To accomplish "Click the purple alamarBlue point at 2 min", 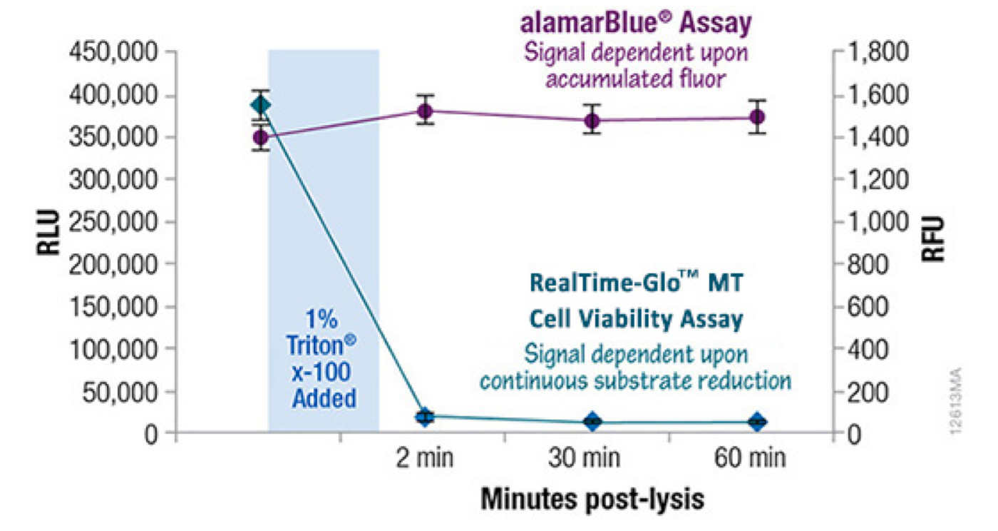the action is click(x=426, y=111).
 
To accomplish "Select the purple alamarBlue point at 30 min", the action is click(x=592, y=121).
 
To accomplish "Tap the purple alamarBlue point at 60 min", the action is click(x=757, y=117).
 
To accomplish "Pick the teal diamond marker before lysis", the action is click(x=261, y=106).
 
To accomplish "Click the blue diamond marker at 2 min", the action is click(x=425, y=418).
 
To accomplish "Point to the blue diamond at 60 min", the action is click(x=757, y=422).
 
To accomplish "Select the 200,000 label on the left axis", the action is click(x=113, y=265).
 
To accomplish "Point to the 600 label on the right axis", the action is click(x=867, y=307).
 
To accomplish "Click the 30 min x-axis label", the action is click(x=584, y=457).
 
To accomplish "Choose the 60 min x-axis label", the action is click(x=750, y=457).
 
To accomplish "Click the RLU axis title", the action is click(x=48, y=232).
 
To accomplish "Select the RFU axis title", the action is click(x=932, y=238).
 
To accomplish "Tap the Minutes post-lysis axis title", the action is click(x=592, y=499).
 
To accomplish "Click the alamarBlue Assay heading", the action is click(x=636, y=23).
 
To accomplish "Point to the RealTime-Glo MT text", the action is click(x=636, y=283).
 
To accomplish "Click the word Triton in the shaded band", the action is click(x=321, y=345).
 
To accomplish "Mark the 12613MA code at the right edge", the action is click(x=956, y=400).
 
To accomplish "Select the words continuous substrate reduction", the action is click(x=635, y=380).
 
